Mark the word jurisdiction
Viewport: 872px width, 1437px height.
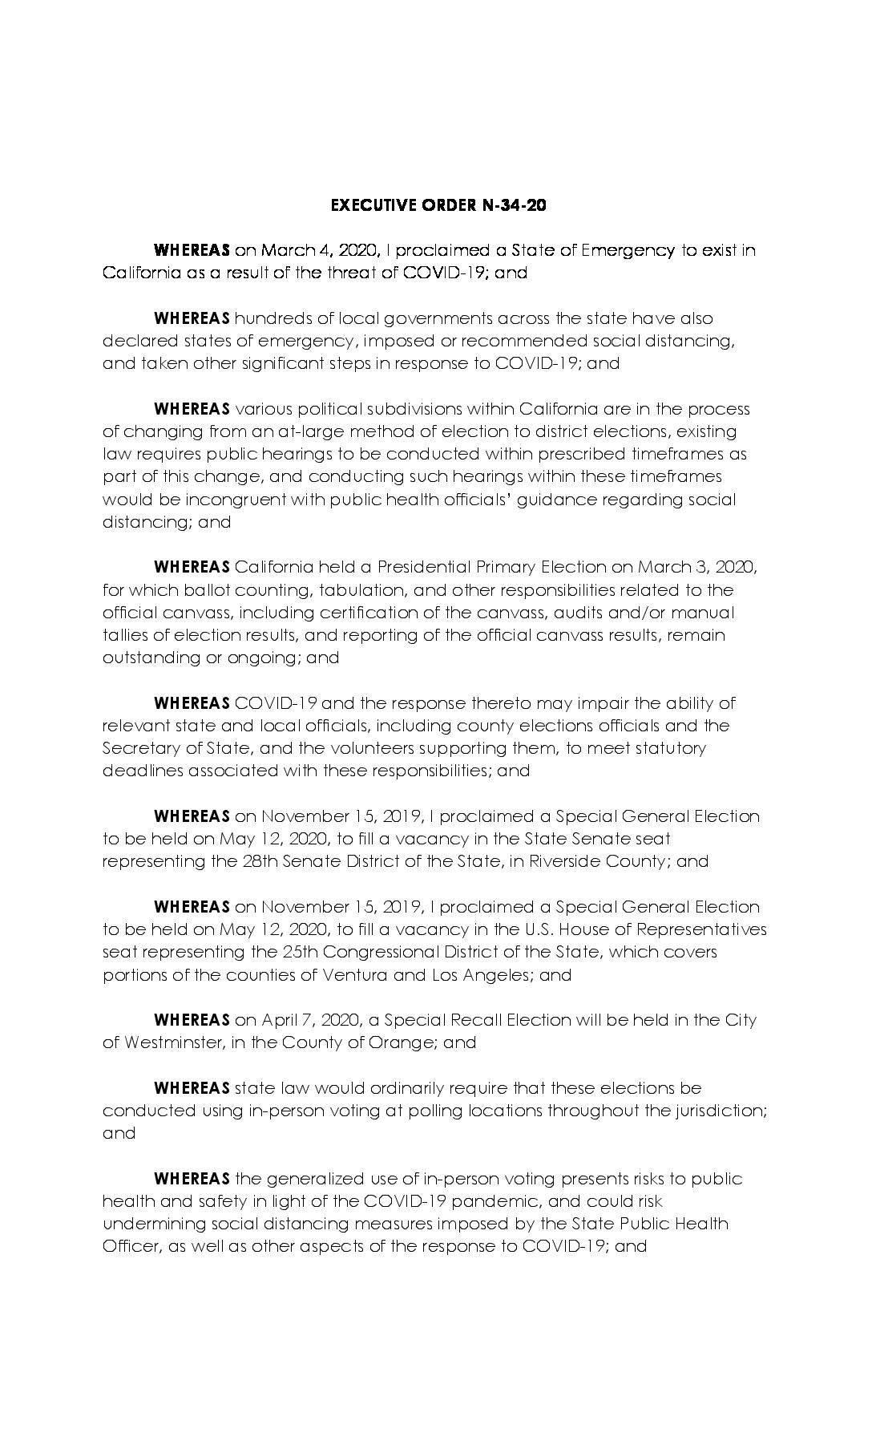(x=715, y=1111)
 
